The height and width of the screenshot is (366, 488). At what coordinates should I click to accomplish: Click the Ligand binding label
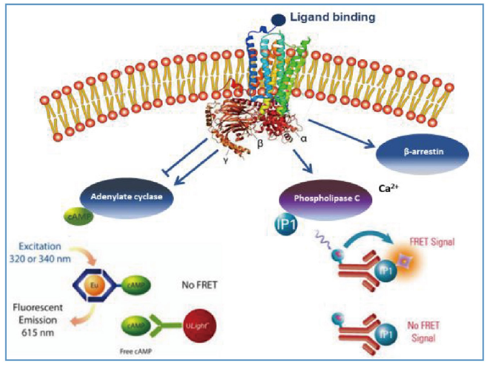click(332, 17)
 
